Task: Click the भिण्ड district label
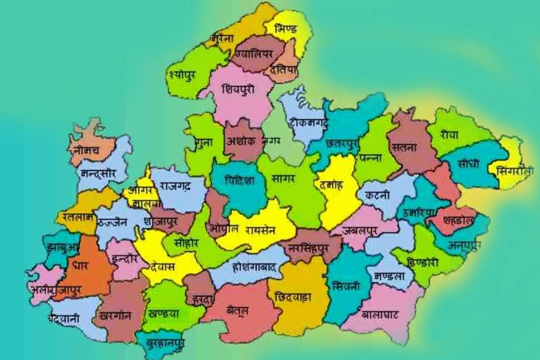pos(287,29)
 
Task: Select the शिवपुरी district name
pos(238,89)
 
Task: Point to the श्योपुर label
pos(183,74)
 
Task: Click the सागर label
pos(283,178)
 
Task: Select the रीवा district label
pos(450,135)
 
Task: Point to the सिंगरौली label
pos(516,171)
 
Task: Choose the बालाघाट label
pos(380,315)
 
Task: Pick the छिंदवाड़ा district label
pos(292,297)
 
